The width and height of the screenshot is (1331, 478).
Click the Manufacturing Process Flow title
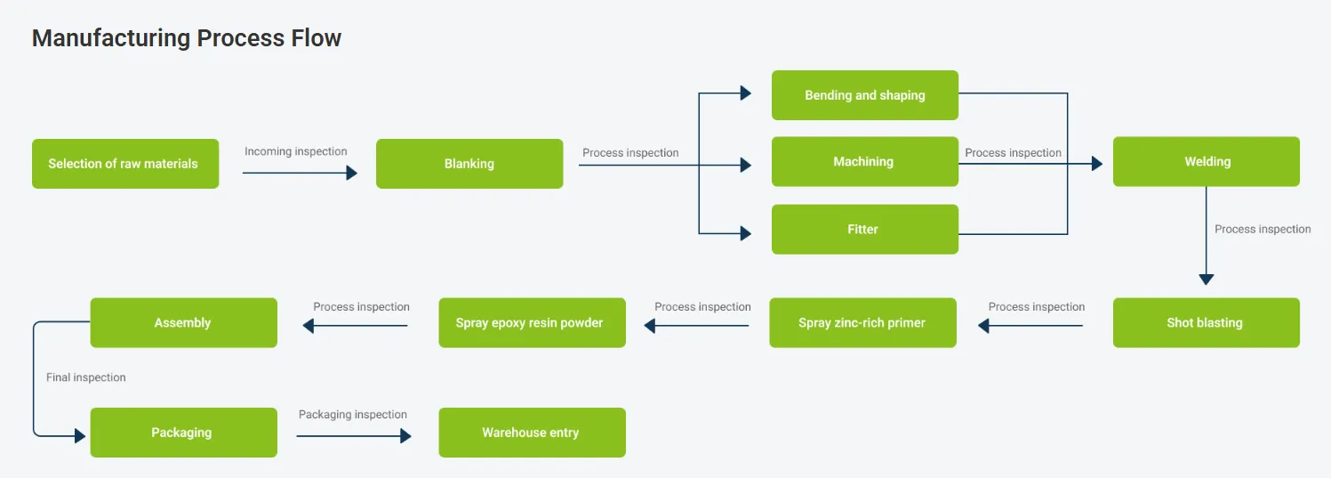pyautogui.click(x=187, y=38)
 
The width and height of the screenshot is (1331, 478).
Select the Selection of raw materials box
pyautogui.click(x=125, y=164)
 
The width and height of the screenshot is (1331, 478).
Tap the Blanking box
pyautogui.click(x=469, y=164)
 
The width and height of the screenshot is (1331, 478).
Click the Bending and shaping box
pyautogui.click(x=865, y=95)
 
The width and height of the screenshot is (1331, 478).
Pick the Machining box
pyautogui.click(x=865, y=161)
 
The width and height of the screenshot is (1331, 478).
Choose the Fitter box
pyautogui.click(x=865, y=230)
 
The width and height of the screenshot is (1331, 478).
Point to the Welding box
pyautogui.click(x=1207, y=161)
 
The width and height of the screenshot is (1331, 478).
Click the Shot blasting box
pyautogui.click(x=1207, y=322)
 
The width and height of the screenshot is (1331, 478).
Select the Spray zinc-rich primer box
pyautogui.click(x=862, y=322)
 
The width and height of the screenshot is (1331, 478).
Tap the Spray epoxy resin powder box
pyautogui.click(x=532, y=322)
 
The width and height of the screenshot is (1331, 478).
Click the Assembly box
pyautogui.click(x=184, y=322)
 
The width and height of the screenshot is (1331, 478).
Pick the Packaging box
pyautogui.click(x=184, y=433)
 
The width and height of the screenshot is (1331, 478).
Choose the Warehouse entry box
pyautogui.click(x=532, y=433)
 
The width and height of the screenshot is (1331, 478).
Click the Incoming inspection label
pyautogui.click(x=296, y=151)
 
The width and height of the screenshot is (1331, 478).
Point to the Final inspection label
pyautogui.click(x=86, y=377)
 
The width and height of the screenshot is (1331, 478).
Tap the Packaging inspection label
pyautogui.click(x=353, y=414)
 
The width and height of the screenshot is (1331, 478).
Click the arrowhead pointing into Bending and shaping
pyautogui.click(x=746, y=93)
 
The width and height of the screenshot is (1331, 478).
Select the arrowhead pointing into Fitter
pyautogui.click(x=746, y=233)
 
